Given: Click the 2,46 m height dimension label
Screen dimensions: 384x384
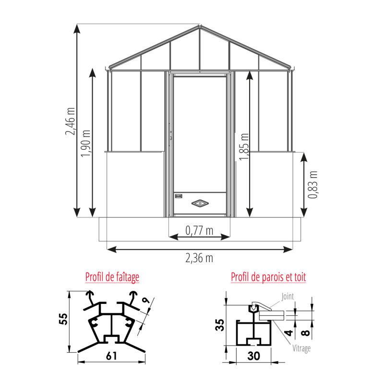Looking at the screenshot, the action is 70,121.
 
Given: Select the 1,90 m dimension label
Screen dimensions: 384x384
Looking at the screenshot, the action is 86,143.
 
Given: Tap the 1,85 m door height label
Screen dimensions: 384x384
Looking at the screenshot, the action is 244,147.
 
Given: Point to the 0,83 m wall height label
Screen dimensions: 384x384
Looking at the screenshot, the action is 313,185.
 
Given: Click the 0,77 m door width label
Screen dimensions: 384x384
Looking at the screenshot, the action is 199,230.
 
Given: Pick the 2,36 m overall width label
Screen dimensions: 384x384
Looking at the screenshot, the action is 199,258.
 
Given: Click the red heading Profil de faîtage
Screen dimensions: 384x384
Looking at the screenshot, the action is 112,277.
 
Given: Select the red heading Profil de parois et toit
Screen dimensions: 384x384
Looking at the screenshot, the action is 268,277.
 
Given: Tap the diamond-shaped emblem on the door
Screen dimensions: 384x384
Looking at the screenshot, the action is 200,203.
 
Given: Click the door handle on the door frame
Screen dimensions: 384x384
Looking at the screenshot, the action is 170,135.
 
